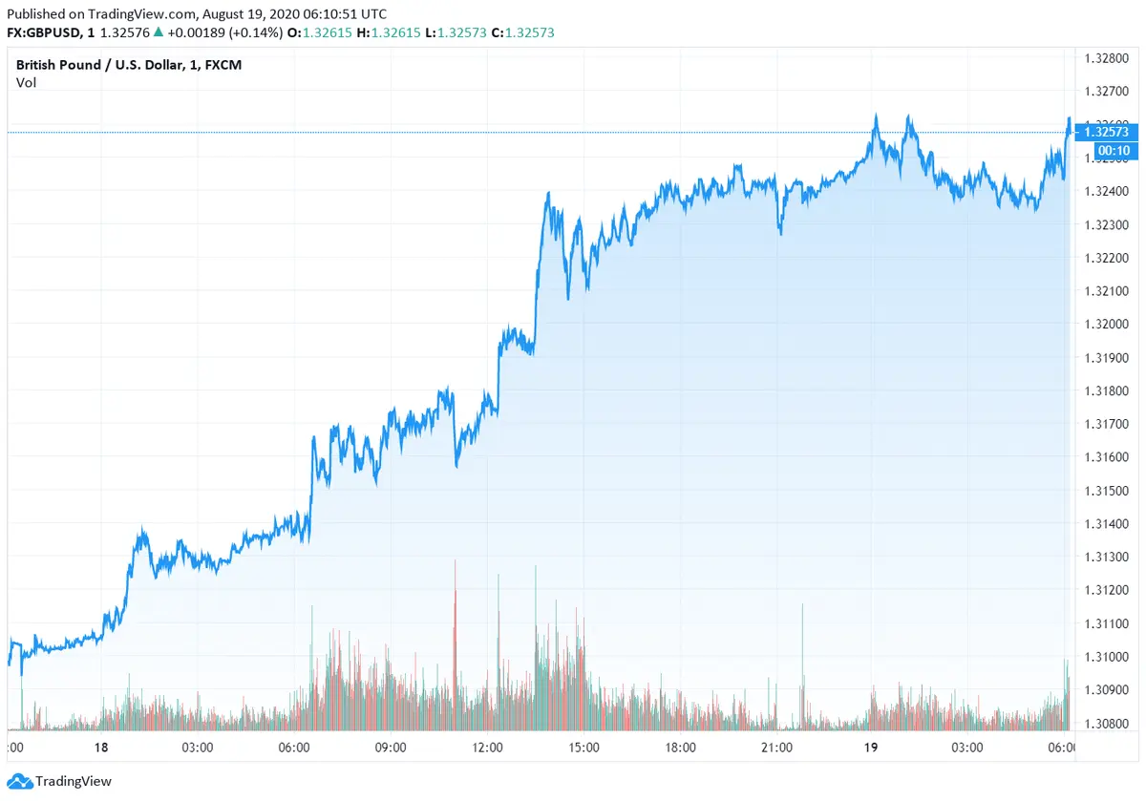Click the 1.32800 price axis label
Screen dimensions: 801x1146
coord(1105,58)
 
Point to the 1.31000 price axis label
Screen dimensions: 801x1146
coord(1105,657)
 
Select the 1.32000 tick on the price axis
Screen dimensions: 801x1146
coord(1105,325)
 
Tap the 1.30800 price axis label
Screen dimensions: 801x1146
coord(1105,724)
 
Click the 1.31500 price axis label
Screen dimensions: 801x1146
coord(1105,491)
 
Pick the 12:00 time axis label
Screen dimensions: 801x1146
coord(487,747)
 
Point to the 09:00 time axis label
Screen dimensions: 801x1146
coord(391,747)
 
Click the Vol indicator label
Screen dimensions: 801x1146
coord(26,82)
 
